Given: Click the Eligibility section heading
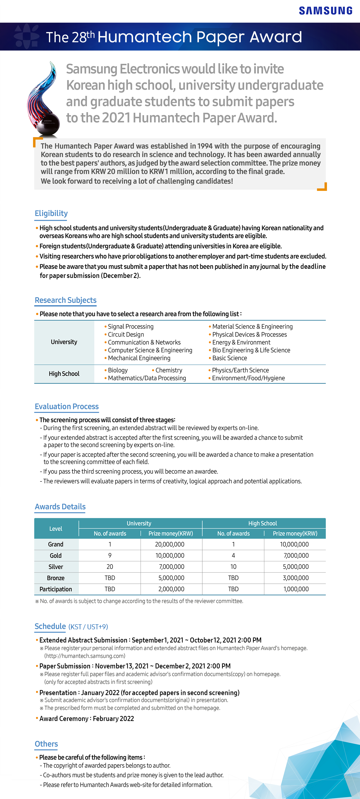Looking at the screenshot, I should click(x=51, y=213).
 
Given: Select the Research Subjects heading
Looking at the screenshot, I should click(x=66, y=300).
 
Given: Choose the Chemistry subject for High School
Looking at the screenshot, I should click(x=169, y=370).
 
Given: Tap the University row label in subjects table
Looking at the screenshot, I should click(x=64, y=342).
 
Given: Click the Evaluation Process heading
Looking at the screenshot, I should click(x=67, y=407).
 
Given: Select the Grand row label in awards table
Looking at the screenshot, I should click(x=56, y=544).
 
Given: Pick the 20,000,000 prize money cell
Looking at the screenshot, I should click(x=170, y=544).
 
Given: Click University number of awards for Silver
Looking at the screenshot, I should click(x=110, y=567).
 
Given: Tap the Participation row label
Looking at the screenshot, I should click(x=56, y=589).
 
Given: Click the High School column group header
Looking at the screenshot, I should click(x=262, y=523).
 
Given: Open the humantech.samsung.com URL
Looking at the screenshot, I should click(x=85, y=656).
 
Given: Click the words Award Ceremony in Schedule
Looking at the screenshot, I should click(x=64, y=719).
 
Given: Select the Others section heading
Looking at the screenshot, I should click(x=46, y=744).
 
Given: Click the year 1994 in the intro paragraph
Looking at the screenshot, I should click(x=205, y=146).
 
